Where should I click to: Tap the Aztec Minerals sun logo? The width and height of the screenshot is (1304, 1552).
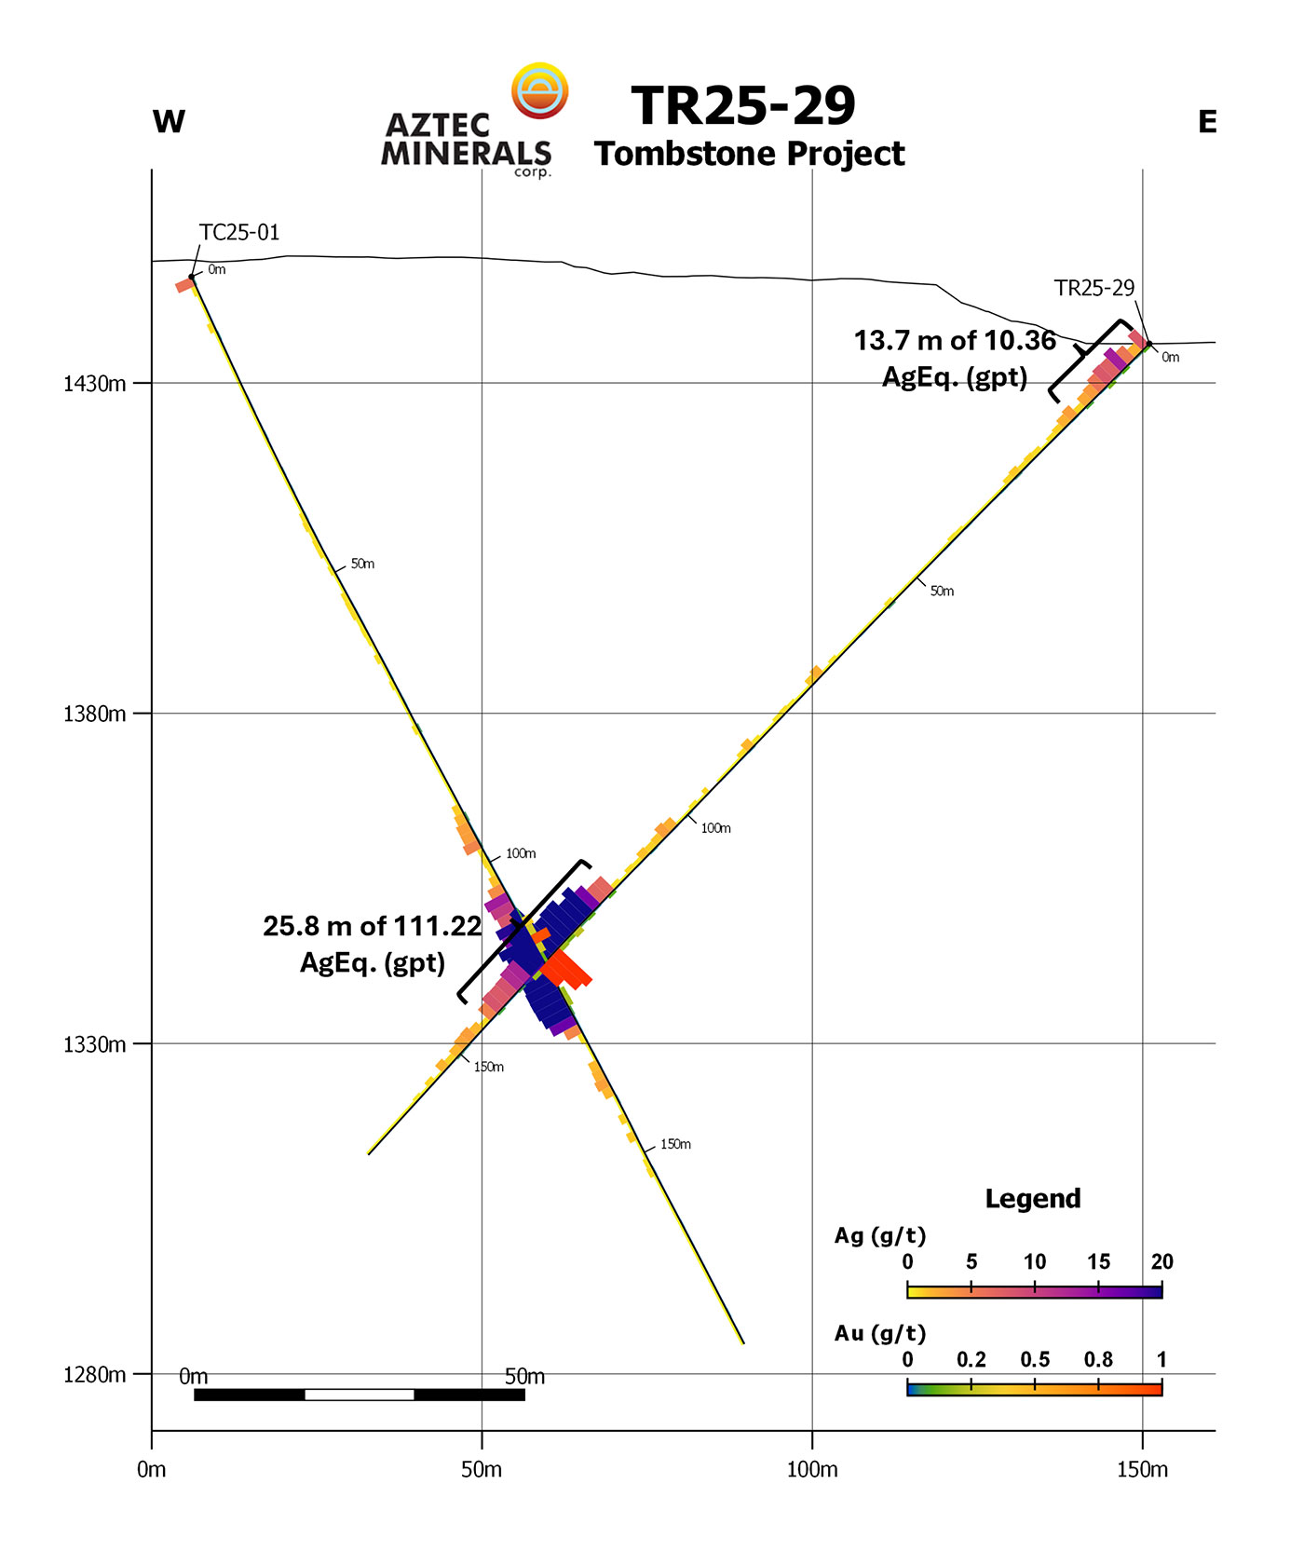(540, 90)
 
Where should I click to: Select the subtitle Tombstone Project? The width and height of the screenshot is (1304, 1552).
(749, 154)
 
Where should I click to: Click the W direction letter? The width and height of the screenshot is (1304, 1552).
(169, 122)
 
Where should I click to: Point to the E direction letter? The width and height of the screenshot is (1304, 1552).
(1207, 122)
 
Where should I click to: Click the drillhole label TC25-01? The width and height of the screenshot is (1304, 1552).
(239, 233)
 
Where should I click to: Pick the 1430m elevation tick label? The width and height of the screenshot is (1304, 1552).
(95, 384)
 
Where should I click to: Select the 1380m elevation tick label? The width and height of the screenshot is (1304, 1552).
(95, 715)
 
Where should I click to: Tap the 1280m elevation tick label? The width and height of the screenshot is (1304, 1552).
(95, 1375)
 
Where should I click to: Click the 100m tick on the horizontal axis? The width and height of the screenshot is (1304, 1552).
(812, 1470)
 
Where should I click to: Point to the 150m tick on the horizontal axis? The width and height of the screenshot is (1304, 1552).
(1142, 1470)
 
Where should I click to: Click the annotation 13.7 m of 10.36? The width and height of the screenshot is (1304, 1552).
(955, 341)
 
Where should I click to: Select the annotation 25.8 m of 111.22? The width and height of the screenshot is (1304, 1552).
(372, 926)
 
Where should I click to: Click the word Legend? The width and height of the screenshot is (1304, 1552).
(1033, 1199)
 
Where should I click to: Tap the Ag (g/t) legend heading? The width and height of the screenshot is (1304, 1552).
(880, 1236)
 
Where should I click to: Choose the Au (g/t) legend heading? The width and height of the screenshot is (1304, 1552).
(880, 1334)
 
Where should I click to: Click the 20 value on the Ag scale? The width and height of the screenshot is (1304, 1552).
(1161, 1262)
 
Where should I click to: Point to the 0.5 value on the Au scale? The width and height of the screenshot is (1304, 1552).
(1035, 1360)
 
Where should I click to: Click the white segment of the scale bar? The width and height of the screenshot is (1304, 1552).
(360, 1395)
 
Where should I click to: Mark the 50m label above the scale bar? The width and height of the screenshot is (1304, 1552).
(524, 1377)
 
